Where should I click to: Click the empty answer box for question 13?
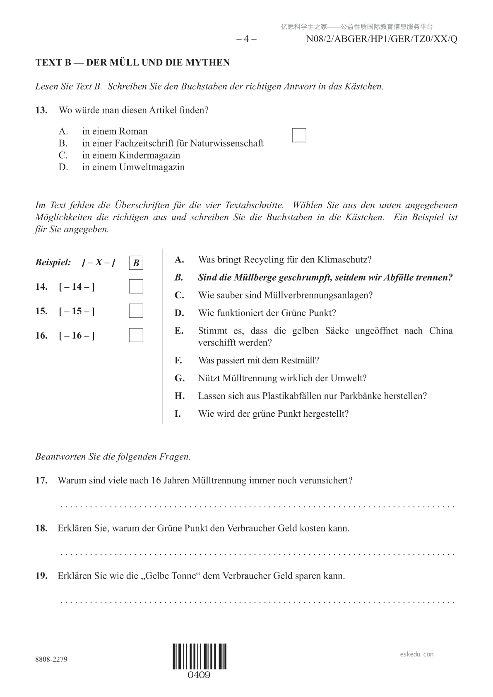coord(299,135)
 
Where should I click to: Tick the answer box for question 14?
coord(136,286)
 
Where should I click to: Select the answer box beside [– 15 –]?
coord(136,311)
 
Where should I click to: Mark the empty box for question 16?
coord(136,335)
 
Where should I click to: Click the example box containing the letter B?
coord(136,263)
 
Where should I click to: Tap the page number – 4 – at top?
coord(246,39)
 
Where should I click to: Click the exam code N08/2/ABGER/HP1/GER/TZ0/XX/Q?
coord(382,39)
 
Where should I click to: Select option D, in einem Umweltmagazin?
coord(133,167)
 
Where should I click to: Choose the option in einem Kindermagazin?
coord(131,155)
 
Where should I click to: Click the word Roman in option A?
coord(133,131)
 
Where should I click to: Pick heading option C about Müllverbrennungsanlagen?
coord(285,295)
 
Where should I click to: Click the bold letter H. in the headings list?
coord(179,396)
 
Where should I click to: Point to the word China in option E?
coord(441,331)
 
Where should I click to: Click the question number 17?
coord(41,481)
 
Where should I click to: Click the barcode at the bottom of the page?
coord(200,656)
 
